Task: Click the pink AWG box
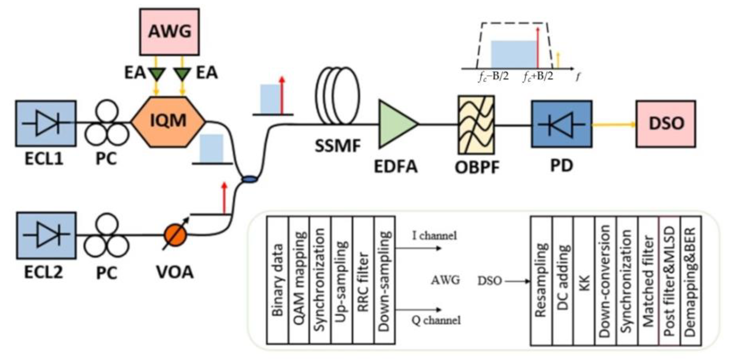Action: [x=169, y=32]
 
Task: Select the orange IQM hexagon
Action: [x=168, y=122]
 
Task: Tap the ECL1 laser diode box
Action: [x=46, y=123]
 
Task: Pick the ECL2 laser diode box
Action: [x=46, y=235]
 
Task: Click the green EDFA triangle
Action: [x=398, y=124]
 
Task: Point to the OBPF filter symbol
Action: [x=476, y=125]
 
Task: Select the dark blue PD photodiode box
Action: [x=562, y=124]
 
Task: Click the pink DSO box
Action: [x=666, y=124]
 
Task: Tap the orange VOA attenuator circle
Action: [x=175, y=235]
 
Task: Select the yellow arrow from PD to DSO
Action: [x=614, y=124]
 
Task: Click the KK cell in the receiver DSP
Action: [x=584, y=281]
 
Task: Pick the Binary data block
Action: [x=277, y=280]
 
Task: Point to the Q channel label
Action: [x=436, y=320]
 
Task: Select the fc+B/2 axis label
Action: [x=538, y=77]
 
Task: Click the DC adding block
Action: [x=563, y=281]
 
